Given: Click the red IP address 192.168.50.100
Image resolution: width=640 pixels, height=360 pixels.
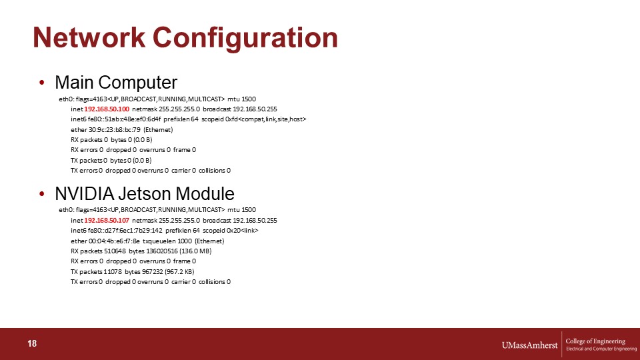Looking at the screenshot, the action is coord(107,109).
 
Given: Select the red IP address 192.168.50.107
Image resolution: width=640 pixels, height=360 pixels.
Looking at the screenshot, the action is coord(107,221).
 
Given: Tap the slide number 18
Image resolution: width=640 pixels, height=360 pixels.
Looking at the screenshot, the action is coord(32,344).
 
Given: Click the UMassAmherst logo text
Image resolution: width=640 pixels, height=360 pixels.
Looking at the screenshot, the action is coord(529,345).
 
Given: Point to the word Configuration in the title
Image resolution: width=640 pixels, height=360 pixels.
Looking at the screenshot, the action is coord(245,38).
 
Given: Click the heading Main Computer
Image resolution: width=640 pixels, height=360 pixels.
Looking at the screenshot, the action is coord(116,83).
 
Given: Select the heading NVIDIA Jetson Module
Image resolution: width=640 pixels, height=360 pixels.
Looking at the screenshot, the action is coord(145,194).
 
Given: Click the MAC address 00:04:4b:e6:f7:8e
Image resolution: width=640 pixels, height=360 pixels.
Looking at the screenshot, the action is coord(114,241).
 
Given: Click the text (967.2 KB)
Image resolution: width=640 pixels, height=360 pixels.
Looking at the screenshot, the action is coord(179,272).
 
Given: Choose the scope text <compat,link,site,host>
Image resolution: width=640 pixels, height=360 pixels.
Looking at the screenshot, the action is coord(272,119).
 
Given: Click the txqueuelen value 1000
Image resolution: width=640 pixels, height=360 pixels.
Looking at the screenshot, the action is coord(185,241).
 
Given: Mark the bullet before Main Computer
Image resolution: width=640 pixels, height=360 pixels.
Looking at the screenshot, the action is coord(41,83).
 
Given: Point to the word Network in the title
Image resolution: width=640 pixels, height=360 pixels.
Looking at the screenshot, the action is coord(89,37).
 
